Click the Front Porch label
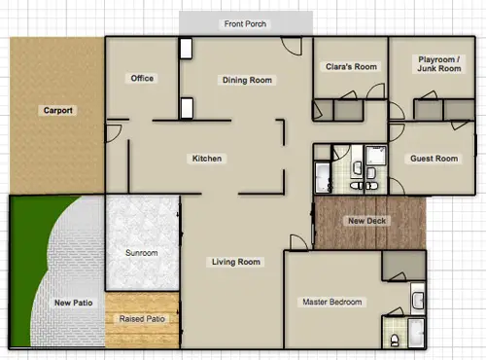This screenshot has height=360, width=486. tap(245, 24)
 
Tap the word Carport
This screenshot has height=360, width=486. tap(58, 110)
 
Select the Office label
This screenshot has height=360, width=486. tap(142, 78)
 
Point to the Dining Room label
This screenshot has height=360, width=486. tap(247, 80)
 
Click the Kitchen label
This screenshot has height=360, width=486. tap(207, 159)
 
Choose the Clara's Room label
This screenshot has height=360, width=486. tap(351, 67)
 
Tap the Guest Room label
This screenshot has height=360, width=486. tap(434, 159)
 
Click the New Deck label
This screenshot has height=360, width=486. tap(367, 221)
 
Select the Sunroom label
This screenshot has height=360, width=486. tap(142, 253)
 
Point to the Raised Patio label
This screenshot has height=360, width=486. tap(142, 319)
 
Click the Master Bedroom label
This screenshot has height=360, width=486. tap(332, 302)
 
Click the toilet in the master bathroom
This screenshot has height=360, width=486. tap(395, 340)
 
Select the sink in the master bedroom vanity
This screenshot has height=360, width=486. tap(418, 301)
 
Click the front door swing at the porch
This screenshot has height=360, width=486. tap(292, 46)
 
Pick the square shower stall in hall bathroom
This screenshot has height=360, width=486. tap(376, 156)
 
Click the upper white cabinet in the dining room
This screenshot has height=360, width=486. tap(186, 49)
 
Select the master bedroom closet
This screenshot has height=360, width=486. tap(403, 266)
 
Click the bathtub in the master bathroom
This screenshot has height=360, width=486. tap(416, 333)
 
